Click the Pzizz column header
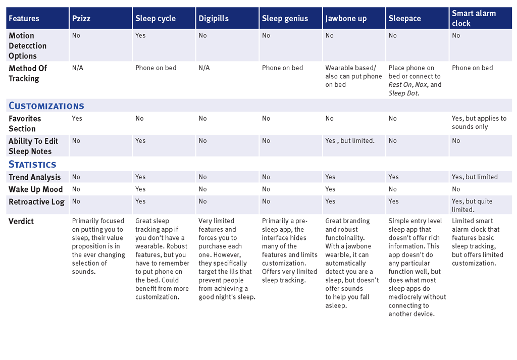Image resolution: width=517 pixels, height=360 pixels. [x=81, y=19]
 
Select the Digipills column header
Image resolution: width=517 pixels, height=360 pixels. [x=214, y=19]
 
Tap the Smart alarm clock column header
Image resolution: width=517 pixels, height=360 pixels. [x=474, y=18]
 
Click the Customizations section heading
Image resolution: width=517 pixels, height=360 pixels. [x=46, y=106]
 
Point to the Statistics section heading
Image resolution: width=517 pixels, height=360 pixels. [x=32, y=164]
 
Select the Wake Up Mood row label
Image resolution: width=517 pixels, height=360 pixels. [x=36, y=189]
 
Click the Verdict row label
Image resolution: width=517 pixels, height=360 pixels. [x=21, y=221]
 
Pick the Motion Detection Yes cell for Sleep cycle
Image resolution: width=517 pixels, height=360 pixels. [x=140, y=35]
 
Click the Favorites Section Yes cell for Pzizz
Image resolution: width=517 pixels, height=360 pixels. [x=77, y=118]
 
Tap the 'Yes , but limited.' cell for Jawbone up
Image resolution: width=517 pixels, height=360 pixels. [x=350, y=141]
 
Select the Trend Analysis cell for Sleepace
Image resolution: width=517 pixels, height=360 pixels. [x=393, y=177]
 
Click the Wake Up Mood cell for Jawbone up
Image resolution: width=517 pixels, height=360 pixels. [x=330, y=189]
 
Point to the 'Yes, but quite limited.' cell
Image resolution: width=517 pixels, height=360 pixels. [x=472, y=205]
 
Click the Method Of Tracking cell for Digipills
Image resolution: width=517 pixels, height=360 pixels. [x=204, y=68]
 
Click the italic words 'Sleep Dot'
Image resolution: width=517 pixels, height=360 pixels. [x=403, y=93]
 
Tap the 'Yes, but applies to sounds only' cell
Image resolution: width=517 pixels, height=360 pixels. [x=479, y=123]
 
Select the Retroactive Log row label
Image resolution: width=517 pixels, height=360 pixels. [x=36, y=202]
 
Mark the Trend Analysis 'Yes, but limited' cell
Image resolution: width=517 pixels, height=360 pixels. [x=475, y=177]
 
